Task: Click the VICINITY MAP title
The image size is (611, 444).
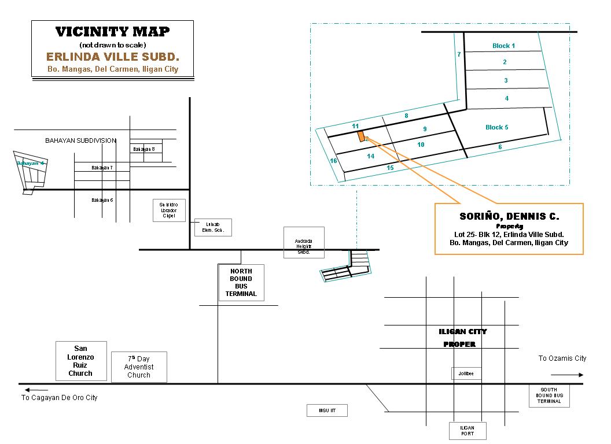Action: click(x=112, y=32)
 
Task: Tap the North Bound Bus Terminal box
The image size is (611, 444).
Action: click(x=241, y=283)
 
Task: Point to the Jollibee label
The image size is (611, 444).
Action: click(x=466, y=374)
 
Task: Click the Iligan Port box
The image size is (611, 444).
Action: click(x=468, y=431)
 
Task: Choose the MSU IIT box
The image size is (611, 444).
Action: click(x=326, y=410)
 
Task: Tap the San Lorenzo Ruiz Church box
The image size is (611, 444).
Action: click(x=81, y=361)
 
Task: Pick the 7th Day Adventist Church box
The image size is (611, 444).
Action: click(x=139, y=367)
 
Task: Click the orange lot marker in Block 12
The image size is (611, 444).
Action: click(x=361, y=136)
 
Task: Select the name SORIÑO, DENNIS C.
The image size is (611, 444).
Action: click(x=509, y=217)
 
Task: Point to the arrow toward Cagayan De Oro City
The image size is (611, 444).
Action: click(x=28, y=390)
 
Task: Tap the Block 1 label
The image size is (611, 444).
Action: click(x=503, y=46)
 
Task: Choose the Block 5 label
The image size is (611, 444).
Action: click(x=497, y=127)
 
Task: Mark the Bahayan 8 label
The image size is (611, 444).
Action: click(x=143, y=149)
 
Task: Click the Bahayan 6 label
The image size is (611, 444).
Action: click(x=102, y=200)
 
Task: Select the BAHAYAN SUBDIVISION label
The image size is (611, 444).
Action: click(x=81, y=140)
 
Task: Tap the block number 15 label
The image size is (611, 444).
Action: click(x=390, y=168)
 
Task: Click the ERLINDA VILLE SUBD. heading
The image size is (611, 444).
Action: click(x=112, y=58)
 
